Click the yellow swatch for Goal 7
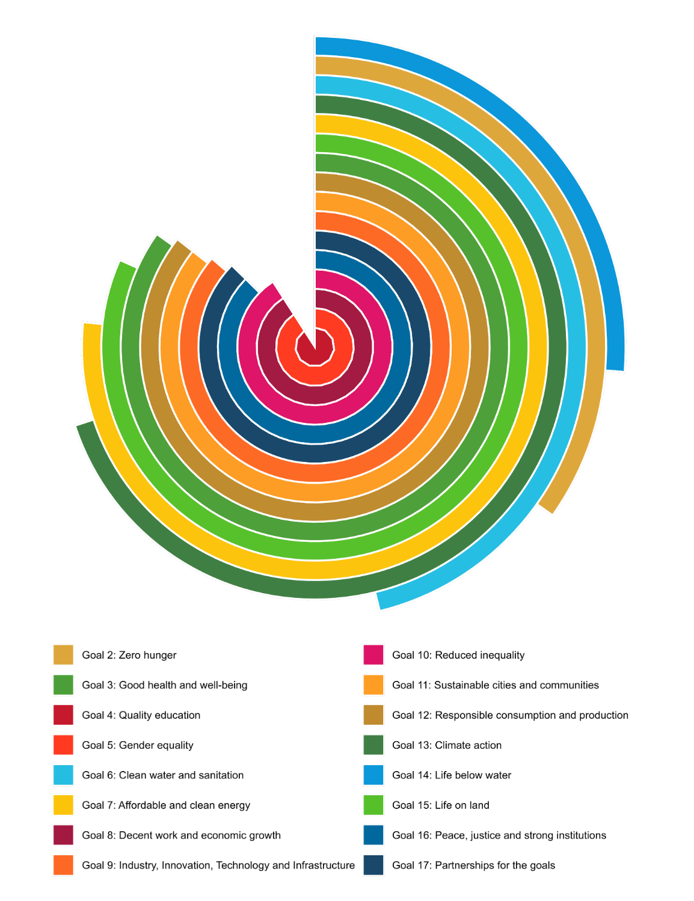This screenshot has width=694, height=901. (x=63, y=805)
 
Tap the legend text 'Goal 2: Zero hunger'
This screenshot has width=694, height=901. (x=129, y=655)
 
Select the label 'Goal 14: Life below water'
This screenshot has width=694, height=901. (x=451, y=775)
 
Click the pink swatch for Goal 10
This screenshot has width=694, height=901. (x=373, y=655)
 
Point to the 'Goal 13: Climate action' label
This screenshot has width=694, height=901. (x=446, y=745)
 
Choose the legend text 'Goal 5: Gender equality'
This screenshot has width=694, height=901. (x=138, y=745)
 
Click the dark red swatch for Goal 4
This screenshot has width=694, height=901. (x=63, y=715)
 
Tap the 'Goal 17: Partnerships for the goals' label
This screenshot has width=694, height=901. (x=473, y=866)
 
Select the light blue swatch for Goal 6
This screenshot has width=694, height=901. (x=63, y=775)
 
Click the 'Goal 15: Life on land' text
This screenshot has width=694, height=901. (x=440, y=805)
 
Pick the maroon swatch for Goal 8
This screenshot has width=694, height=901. (x=63, y=835)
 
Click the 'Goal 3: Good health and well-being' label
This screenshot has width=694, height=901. (x=164, y=685)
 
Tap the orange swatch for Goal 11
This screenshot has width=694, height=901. (x=373, y=685)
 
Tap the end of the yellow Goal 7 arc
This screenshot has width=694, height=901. (x=92, y=326)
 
